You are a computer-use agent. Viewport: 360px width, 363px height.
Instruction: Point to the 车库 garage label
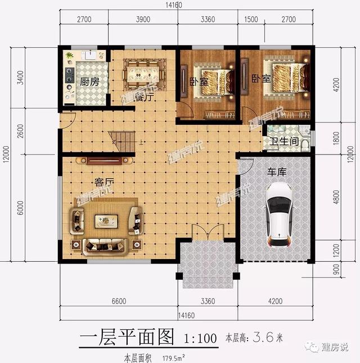(277, 172)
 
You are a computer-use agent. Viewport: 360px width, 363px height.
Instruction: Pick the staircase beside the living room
(123, 139)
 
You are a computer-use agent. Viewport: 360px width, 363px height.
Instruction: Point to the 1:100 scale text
(201, 338)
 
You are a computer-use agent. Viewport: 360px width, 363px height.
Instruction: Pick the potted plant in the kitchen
(69, 56)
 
